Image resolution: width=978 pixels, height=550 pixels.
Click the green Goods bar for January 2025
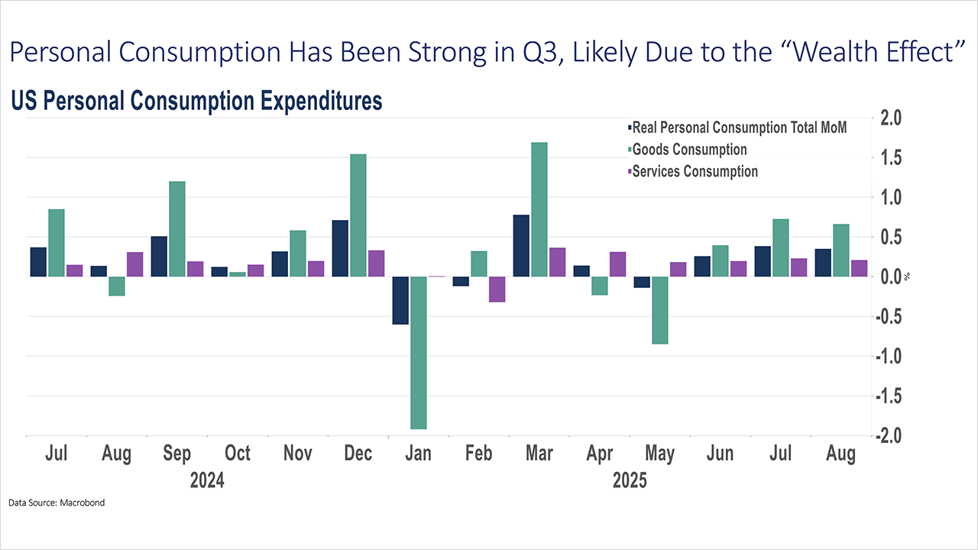(419, 352)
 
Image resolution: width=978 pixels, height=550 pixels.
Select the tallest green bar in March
(539, 209)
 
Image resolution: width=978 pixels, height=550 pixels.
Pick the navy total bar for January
(400, 300)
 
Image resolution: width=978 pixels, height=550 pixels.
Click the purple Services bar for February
(497, 289)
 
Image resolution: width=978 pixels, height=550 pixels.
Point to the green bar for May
(660, 310)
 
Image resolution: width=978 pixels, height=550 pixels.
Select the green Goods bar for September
(177, 228)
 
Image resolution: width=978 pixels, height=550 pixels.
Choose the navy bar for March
(521, 245)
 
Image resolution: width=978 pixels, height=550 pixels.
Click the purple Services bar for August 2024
(135, 264)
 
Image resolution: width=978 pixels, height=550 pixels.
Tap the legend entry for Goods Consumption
(688, 150)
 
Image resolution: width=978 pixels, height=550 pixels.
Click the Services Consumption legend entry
(693, 171)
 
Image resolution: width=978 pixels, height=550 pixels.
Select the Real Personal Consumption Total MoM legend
(737, 128)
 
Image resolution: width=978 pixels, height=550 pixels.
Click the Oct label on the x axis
(238, 454)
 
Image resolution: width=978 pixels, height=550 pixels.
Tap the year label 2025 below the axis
(630, 481)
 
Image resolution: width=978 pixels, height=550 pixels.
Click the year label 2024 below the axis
(207, 481)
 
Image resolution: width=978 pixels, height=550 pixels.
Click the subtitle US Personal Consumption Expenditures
(196, 102)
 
